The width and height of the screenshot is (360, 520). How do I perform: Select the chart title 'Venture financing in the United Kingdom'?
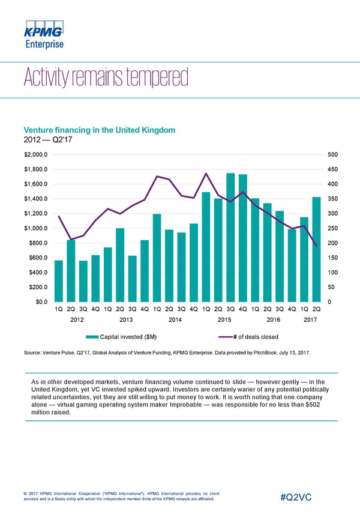[x=99, y=130]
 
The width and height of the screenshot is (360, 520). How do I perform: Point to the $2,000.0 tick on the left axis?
[x=36, y=154]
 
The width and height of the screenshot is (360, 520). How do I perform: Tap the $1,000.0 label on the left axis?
[x=36, y=228]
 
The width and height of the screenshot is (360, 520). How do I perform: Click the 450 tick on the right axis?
[x=334, y=169]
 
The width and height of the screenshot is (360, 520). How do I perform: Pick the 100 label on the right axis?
[x=334, y=273]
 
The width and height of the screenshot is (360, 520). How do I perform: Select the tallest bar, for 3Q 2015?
[x=230, y=237]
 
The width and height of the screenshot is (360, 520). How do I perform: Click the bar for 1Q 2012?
[x=58, y=280]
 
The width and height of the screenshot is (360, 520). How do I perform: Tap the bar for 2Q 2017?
[x=316, y=249]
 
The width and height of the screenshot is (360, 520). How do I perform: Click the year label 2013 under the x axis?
[x=126, y=319]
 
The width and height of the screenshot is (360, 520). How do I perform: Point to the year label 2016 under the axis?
[x=273, y=319]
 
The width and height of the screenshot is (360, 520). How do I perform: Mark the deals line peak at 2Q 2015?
[x=206, y=174]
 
